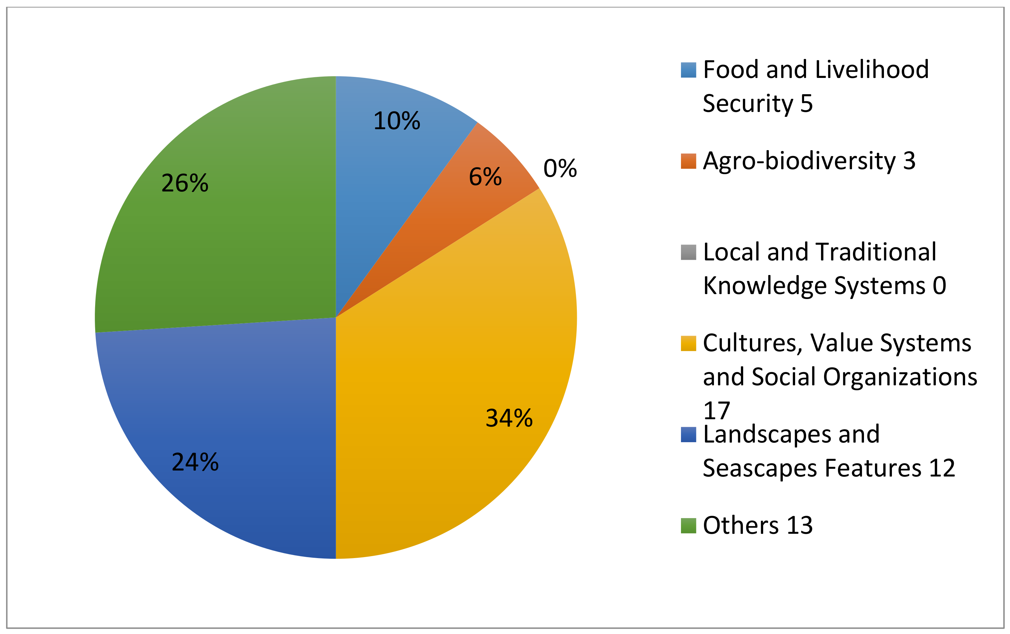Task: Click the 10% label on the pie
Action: coord(396,121)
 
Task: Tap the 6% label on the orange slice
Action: coord(485,176)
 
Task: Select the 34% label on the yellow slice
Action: coord(509,418)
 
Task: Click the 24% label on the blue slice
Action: coord(195,462)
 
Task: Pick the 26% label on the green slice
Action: coord(185,183)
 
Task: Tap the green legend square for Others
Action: coord(688,525)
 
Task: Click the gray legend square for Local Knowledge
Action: coord(688,252)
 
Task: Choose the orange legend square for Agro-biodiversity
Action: coord(688,161)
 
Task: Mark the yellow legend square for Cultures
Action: coord(688,343)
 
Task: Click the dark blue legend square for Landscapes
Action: coord(688,435)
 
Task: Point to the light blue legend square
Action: coord(688,70)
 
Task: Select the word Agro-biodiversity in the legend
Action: coord(799,161)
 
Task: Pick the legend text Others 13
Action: coord(757,525)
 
